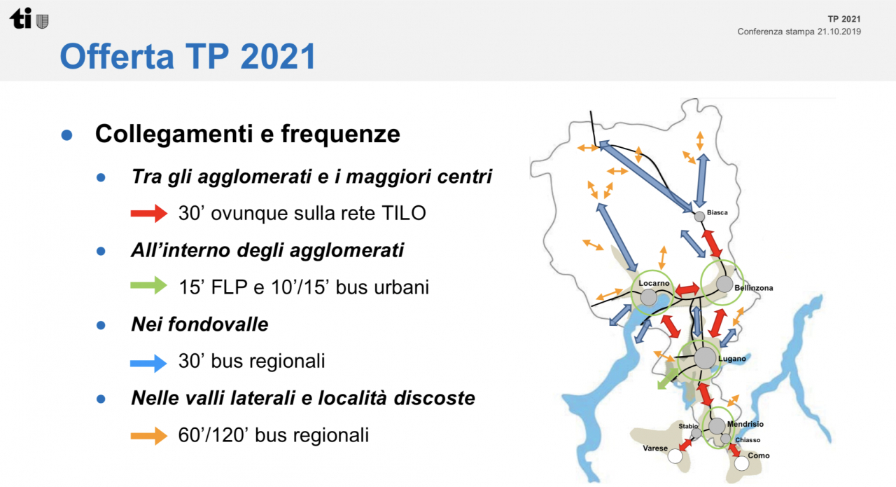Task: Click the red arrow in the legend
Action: coord(149,213)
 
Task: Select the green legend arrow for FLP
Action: coord(149,286)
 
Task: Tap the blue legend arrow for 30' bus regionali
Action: coord(148,363)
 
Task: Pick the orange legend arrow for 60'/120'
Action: coord(149,436)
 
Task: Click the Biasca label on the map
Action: coord(717,212)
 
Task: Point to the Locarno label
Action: coord(654,283)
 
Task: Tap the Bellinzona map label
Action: coord(754,288)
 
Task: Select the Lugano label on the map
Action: coord(732,359)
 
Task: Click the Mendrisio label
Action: coord(745,424)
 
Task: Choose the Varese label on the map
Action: coord(655,448)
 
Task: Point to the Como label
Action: coord(758,455)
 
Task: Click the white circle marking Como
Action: coord(741,463)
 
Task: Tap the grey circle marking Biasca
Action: coord(699,217)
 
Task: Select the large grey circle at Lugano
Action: coord(705,357)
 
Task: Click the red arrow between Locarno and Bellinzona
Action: coord(687,289)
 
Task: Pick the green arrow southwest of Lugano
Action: coord(667,379)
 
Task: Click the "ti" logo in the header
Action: coord(21,18)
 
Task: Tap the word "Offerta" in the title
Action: coord(117,56)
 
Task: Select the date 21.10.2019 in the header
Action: coord(839,32)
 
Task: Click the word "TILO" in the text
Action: coord(404,212)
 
